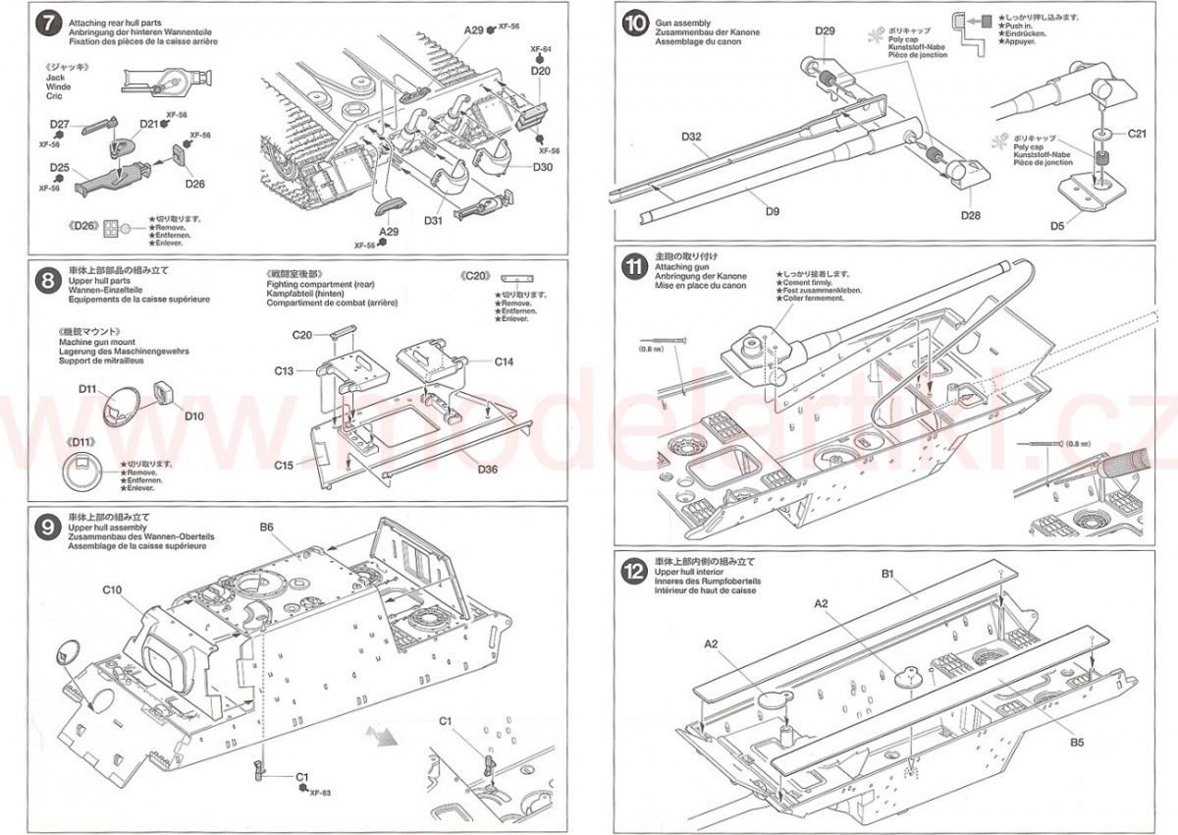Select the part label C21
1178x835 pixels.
tap(1137, 133)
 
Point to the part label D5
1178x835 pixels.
tap(1057, 226)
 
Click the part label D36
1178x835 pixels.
tap(488, 469)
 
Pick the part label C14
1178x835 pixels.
tap(504, 362)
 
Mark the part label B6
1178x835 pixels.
tap(267, 528)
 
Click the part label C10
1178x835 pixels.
tap(111, 590)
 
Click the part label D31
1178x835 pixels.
tap(434, 220)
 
